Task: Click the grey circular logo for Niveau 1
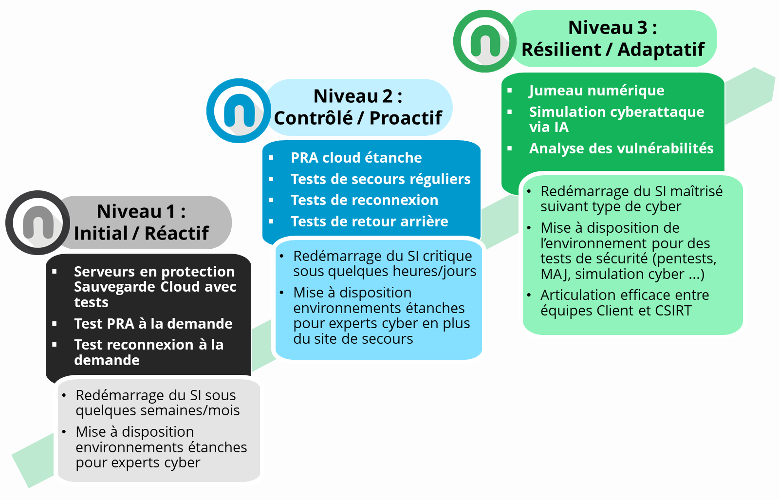[x=37, y=222]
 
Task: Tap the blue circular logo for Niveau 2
[x=239, y=111]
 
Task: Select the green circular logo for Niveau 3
[x=485, y=41]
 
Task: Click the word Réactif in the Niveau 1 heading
[x=177, y=233]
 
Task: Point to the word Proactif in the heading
[x=406, y=118]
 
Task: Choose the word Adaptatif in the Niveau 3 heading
[x=661, y=49]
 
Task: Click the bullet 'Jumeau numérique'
[x=597, y=91]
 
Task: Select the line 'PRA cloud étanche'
[x=356, y=158]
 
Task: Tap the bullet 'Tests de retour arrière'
[x=370, y=221]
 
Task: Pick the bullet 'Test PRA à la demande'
[x=153, y=324]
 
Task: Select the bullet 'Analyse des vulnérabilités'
[x=621, y=148]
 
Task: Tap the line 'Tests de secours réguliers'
[x=381, y=179]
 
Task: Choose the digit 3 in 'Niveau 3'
[x=642, y=27]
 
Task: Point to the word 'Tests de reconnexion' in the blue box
[x=365, y=200]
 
